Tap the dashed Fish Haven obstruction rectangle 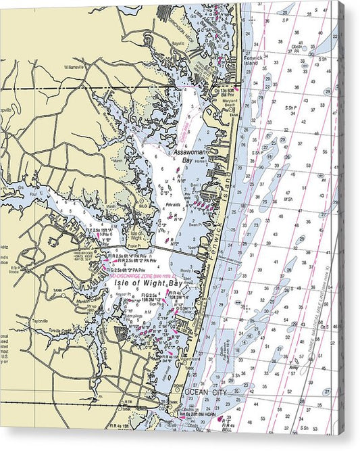pyautogui.click(x=225, y=348)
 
